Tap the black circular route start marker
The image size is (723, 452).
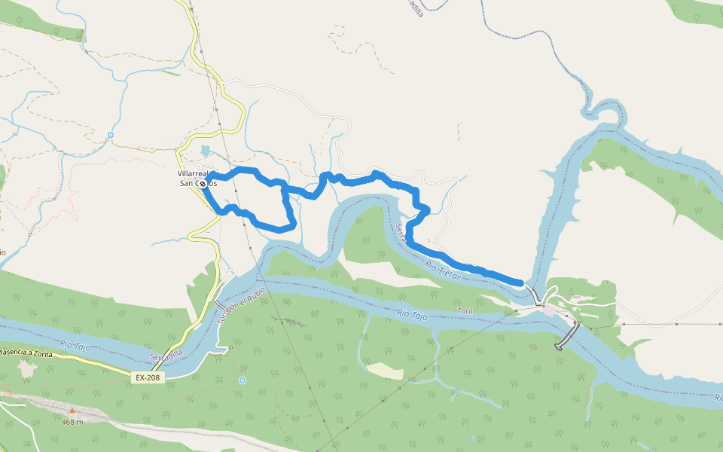point(203,183)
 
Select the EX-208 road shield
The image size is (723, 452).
point(147,377)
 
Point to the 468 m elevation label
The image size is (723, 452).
point(72,422)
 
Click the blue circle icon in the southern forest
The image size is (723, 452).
point(243,380)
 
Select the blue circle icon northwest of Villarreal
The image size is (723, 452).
point(111,135)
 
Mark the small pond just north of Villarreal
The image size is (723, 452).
point(206,151)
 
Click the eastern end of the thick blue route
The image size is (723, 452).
point(520,282)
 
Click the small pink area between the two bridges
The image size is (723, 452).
point(551,310)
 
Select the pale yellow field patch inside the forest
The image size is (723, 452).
point(386,371)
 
